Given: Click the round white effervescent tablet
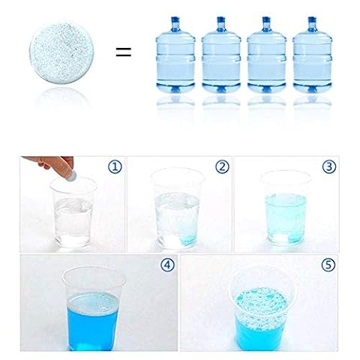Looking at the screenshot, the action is [x=61, y=52].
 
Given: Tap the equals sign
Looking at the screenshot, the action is [x=124, y=52].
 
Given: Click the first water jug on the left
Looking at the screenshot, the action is [x=175, y=55].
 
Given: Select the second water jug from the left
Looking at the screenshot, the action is [x=221, y=55].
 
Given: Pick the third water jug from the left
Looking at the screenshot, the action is [x=266, y=55].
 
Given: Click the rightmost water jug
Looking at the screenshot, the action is [x=312, y=55].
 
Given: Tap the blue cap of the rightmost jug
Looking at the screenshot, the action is [x=312, y=19].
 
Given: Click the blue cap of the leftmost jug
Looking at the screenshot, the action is [x=175, y=19].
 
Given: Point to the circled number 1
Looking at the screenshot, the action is [x=115, y=166].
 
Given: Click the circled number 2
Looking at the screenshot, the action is [x=222, y=166].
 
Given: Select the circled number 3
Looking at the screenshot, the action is [x=329, y=166].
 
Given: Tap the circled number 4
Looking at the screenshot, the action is [x=167, y=265].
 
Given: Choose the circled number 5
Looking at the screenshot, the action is [x=328, y=265].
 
